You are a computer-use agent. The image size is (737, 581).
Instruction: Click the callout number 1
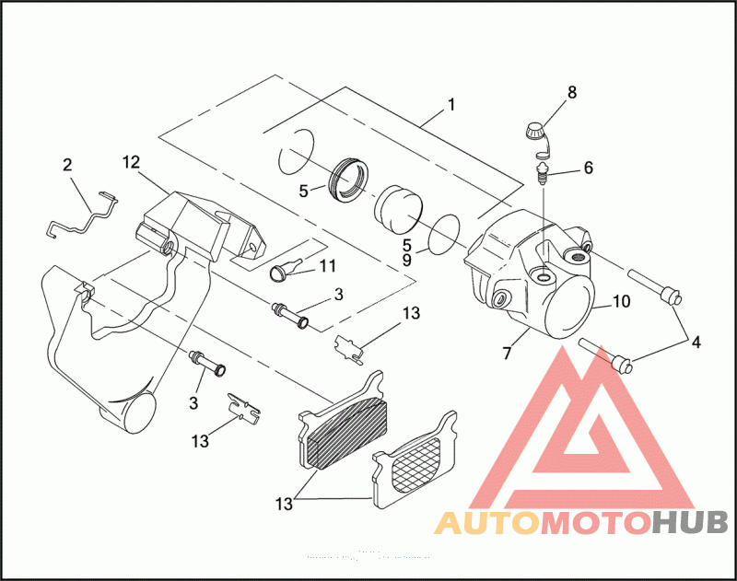coord(451,104)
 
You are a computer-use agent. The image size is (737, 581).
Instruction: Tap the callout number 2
coord(67,166)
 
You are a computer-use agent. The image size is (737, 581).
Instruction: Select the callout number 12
coord(130,163)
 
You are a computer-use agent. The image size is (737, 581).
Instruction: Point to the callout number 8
coord(571,92)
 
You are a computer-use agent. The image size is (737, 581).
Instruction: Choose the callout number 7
coord(506,354)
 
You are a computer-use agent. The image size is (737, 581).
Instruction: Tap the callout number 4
coord(696,342)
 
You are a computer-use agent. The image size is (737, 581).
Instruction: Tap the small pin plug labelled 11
coord(279,271)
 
